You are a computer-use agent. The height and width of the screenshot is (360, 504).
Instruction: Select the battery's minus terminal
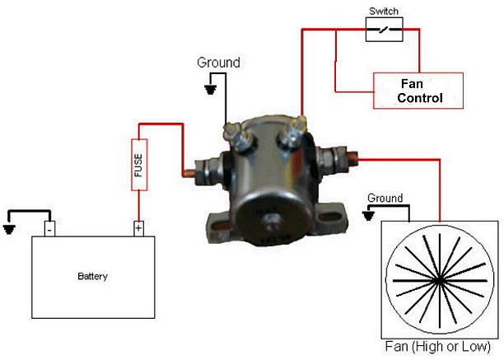[x=49, y=227]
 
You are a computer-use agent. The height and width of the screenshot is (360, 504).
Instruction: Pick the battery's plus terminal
[x=138, y=227]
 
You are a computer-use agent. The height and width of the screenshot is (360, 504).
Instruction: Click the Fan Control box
[x=418, y=90]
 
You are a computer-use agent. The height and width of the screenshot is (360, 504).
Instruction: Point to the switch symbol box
[x=385, y=30]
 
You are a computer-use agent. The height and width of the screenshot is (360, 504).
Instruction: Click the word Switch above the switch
[x=385, y=12]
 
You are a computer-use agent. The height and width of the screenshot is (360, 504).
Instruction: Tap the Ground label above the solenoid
[x=218, y=63]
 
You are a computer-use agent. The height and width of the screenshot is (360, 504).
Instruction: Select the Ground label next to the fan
[x=385, y=198]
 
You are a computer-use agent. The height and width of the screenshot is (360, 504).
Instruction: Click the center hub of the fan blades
[x=438, y=281]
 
